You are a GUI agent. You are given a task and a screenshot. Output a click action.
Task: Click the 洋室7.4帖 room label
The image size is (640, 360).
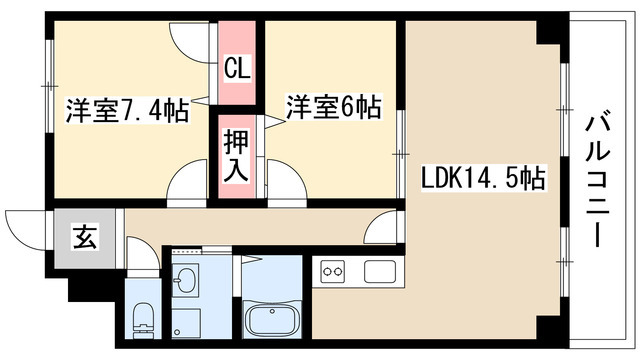point(127,110)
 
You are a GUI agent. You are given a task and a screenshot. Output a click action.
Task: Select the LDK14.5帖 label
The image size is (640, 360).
point(483,181)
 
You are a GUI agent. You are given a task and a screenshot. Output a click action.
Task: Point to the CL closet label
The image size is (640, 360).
point(237,69)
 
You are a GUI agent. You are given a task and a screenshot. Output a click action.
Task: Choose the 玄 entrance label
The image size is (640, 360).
point(84,239)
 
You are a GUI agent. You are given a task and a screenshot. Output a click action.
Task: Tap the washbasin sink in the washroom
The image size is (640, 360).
point(186,283)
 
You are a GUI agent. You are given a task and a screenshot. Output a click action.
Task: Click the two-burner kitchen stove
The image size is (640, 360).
point(333,271)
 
